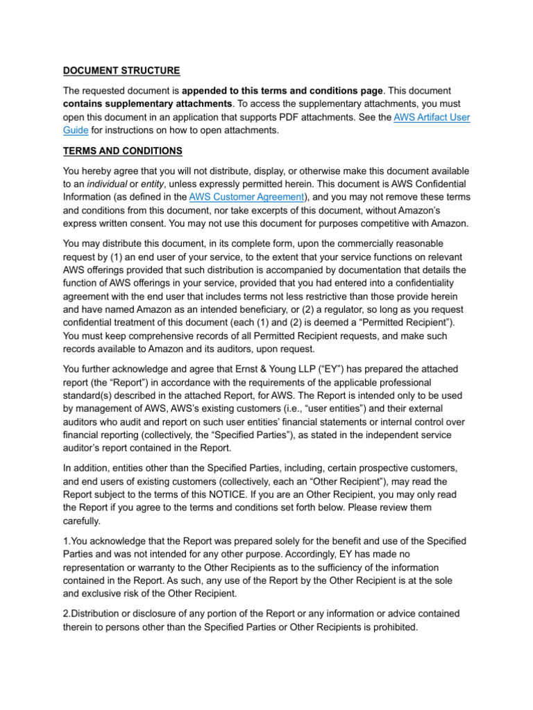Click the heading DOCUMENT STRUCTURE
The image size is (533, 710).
(x=121, y=70)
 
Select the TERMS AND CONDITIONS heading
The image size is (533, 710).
(x=123, y=151)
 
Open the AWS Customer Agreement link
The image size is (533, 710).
(x=246, y=196)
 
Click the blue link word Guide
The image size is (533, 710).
(x=75, y=130)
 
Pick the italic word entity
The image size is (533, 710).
(x=154, y=184)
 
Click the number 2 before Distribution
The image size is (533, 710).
(x=65, y=614)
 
